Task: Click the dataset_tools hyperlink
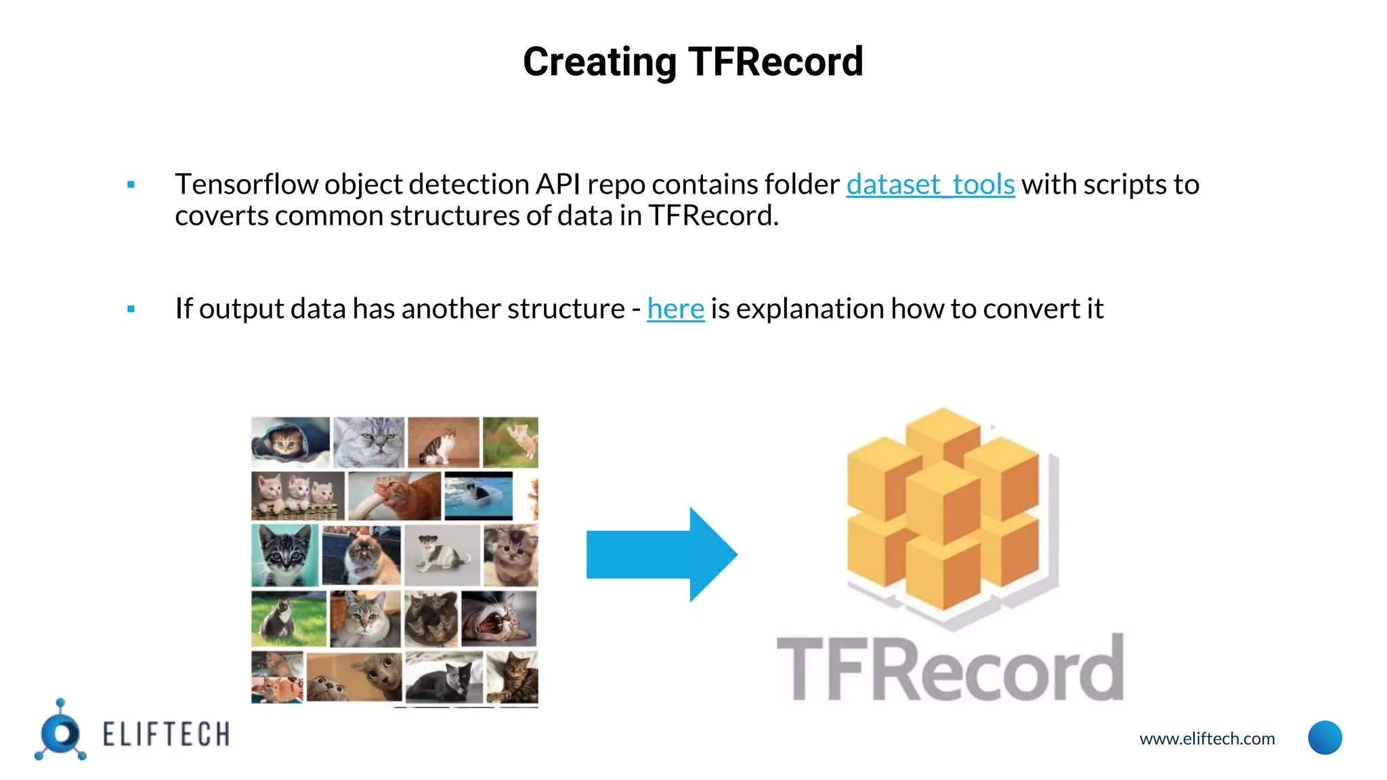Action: click(x=930, y=184)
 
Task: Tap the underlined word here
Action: click(x=675, y=309)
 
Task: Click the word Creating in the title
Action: click(x=599, y=62)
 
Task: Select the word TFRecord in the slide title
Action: click(x=775, y=62)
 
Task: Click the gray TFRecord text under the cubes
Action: click(x=949, y=669)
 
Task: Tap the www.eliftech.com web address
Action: click(x=1207, y=739)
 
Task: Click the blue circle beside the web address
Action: click(x=1325, y=737)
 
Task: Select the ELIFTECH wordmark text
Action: click(x=166, y=735)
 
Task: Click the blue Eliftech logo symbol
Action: click(x=61, y=732)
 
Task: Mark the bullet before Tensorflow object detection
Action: click(x=131, y=185)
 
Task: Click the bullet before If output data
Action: click(x=131, y=309)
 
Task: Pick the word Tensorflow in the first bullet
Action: click(x=247, y=184)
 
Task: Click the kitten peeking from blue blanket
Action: click(x=290, y=441)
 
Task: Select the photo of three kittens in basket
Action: click(x=297, y=496)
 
